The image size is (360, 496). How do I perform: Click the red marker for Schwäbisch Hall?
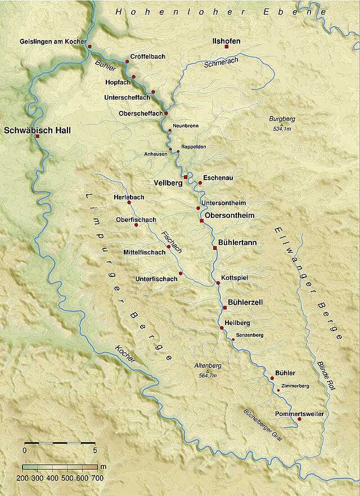37,136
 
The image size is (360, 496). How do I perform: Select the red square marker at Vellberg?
186,177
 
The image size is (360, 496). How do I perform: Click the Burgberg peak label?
282,119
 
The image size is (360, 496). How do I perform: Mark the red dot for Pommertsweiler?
299,419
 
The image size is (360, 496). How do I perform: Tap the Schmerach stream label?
217,65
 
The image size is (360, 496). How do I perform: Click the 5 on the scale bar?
95,450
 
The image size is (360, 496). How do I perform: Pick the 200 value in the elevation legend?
22,478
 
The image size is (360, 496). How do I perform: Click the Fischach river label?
169,242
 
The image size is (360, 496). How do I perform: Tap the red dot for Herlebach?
129,202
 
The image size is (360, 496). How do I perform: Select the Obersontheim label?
229,216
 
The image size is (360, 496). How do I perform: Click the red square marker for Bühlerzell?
224,307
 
